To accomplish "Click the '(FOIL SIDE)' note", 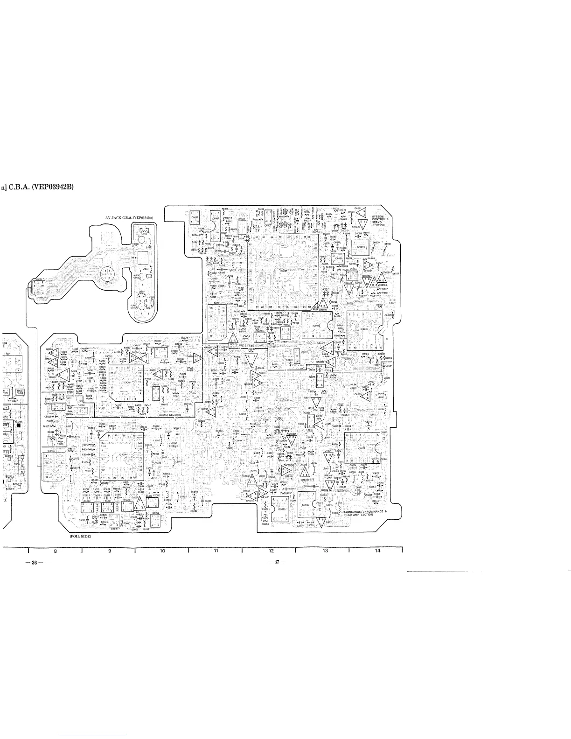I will (x=80, y=537).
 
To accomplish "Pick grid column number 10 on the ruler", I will (x=162, y=551).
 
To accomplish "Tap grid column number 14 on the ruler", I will (x=377, y=551).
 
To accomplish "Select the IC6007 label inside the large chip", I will (x=283, y=270).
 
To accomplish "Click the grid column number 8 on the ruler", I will (x=55, y=551).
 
